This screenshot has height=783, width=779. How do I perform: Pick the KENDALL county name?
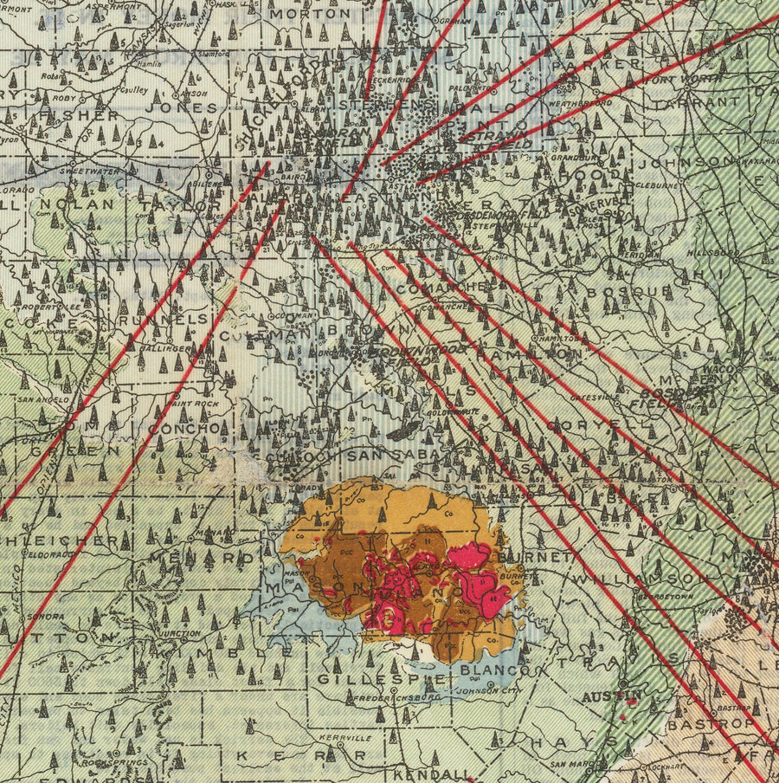tap(432, 773)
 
